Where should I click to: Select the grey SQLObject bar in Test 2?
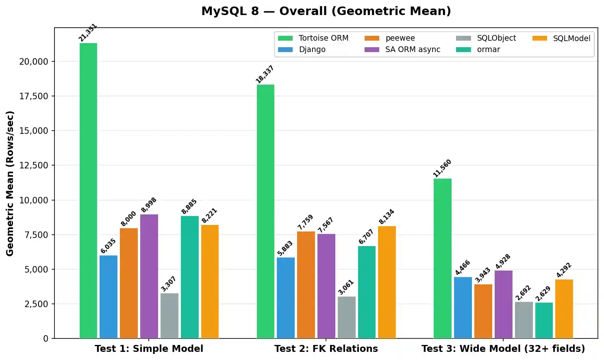(x=346, y=317)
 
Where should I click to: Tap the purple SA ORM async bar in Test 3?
(x=503, y=304)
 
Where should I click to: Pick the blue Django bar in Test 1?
(x=109, y=297)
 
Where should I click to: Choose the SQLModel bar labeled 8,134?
(x=387, y=282)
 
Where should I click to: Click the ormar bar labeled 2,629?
(x=544, y=320)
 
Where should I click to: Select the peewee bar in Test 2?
(x=306, y=285)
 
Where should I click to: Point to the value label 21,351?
(x=88, y=33)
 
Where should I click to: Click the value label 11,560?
(x=442, y=168)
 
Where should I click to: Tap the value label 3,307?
(x=168, y=284)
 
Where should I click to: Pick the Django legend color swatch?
(x=285, y=50)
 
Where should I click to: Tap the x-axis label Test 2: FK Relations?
(x=326, y=349)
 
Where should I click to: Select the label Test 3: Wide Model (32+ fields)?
(x=503, y=349)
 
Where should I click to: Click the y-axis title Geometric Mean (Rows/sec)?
(x=10, y=183)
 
